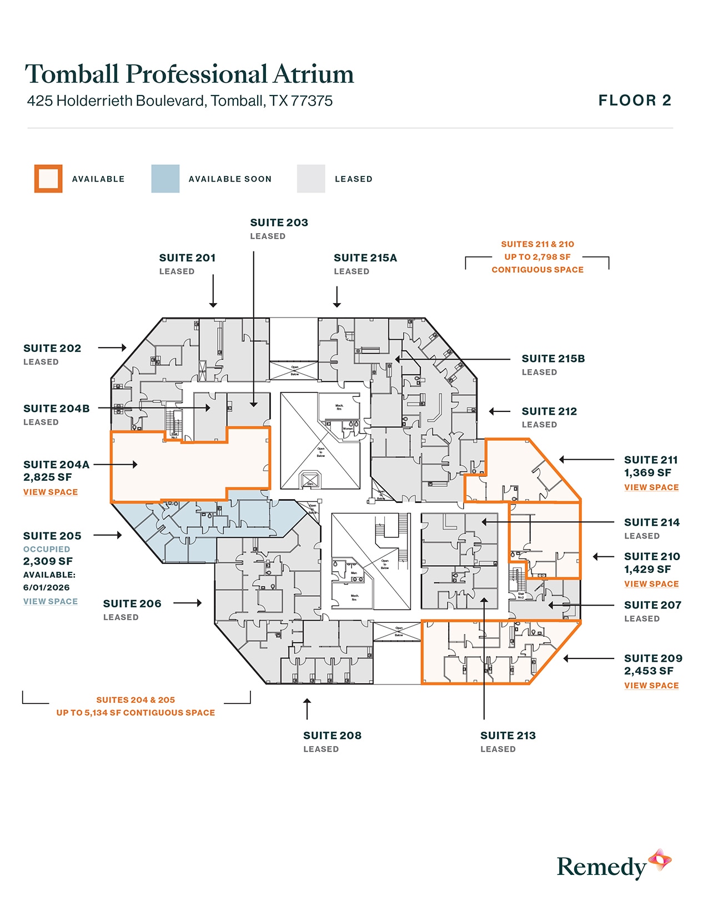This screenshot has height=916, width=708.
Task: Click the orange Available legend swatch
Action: (x=48, y=179)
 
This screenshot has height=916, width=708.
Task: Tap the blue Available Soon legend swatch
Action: (x=165, y=179)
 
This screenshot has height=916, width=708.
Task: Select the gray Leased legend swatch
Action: (x=311, y=179)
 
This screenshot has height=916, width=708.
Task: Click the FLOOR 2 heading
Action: (x=635, y=100)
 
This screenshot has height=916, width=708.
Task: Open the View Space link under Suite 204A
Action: (x=51, y=492)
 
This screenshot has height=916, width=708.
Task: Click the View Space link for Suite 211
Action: (x=651, y=487)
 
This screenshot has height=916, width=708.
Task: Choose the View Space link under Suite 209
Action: (x=651, y=686)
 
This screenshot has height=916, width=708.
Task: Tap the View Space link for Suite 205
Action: (x=51, y=602)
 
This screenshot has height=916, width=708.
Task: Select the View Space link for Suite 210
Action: (x=651, y=584)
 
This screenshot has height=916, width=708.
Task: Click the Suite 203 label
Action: (x=279, y=223)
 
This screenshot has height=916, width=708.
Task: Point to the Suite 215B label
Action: (x=553, y=359)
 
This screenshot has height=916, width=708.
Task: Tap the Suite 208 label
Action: (x=332, y=736)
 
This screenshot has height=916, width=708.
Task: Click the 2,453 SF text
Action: (x=649, y=671)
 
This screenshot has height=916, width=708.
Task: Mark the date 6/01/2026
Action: (x=47, y=587)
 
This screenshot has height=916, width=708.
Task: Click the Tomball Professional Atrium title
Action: (x=189, y=74)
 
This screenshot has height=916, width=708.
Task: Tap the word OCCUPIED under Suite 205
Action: (x=47, y=549)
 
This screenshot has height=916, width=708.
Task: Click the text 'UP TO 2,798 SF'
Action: (x=537, y=257)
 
